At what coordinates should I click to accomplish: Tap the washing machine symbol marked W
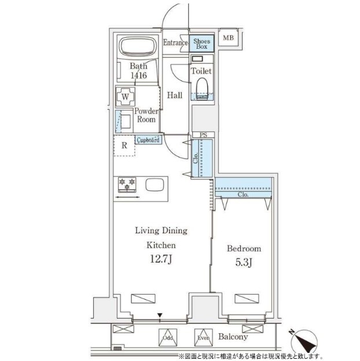click(x=125, y=97)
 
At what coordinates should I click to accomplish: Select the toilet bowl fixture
click(x=202, y=89)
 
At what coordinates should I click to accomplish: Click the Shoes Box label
click(x=201, y=44)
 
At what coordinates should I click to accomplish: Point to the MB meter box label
click(x=228, y=38)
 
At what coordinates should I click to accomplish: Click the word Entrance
click(x=175, y=43)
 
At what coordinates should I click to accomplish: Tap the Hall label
click(x=175, y=95)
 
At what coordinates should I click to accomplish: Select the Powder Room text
click(x=146, y=115)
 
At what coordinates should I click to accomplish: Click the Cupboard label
click(x=148, y=140)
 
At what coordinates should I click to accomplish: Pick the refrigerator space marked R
click(x=124, y=146)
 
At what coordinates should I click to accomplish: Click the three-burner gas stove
click(x=127, y=185)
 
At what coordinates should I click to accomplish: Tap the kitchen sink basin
click(x=155, y=185)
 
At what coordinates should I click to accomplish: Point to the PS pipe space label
click(x=203, y=135)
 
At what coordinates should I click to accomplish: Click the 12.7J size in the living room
click(x=161, y=259)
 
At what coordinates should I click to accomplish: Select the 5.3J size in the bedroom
click(x=244, y=263)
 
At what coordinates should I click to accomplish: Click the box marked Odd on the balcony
click(x=168, y=337)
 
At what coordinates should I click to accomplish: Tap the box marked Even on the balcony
click(x=203, y=337)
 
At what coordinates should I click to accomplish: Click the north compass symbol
click(x=304, y=341)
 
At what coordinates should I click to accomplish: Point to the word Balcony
click(x=233, y=337)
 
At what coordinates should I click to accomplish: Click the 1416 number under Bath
click(x=139, y=75)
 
